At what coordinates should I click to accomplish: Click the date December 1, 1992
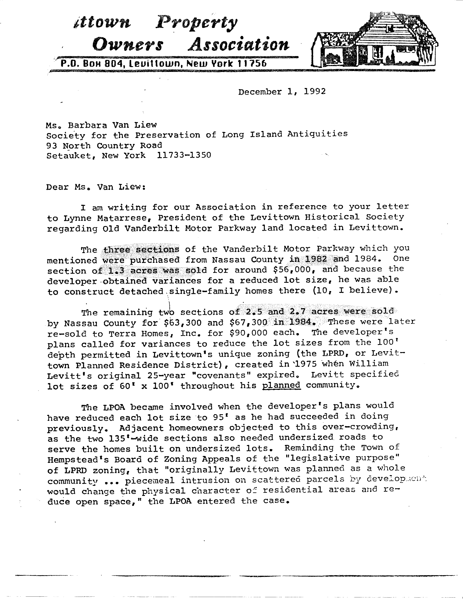click(282, 92)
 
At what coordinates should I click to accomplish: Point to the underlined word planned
click(281, 385)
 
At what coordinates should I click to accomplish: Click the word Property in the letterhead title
click(196, 23)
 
